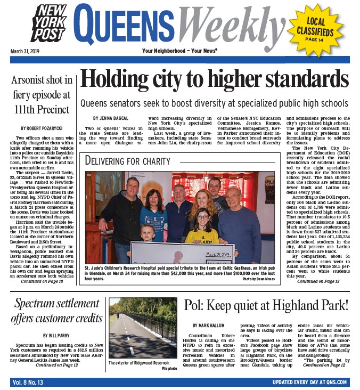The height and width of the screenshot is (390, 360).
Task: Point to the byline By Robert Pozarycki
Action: pyautogui.click(x=42, y=129)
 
